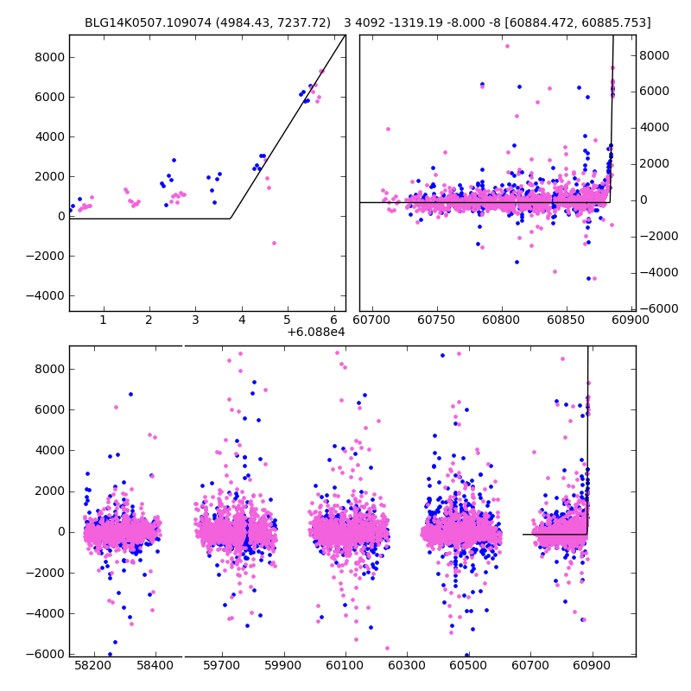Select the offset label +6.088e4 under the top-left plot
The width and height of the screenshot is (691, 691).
point(316,332)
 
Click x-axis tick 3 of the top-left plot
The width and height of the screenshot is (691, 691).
point(195,320)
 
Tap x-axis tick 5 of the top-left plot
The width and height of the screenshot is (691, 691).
point(288,320)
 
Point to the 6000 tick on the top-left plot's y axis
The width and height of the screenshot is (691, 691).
point(50,97)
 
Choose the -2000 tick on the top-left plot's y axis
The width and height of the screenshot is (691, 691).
point(48,256)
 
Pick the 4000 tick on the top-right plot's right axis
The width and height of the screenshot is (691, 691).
point(655,127)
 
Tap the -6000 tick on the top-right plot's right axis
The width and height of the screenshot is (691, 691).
point(656,308)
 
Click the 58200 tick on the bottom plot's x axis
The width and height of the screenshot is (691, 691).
point(92,667)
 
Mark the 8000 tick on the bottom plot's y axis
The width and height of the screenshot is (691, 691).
point(50,369)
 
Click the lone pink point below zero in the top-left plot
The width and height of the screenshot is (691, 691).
point(274,243)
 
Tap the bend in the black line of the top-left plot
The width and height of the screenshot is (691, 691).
point(231,219)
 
